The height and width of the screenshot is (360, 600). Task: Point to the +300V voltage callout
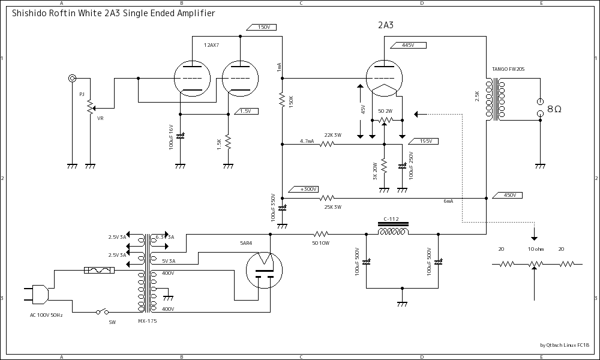[x=308, y=189]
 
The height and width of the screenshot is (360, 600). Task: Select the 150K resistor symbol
[x=282, y=101]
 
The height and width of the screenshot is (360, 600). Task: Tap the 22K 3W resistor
[x=327, y=144]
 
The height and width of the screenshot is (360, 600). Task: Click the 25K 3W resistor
[x=327, y=198]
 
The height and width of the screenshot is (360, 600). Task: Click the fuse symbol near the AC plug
[x=98, y=271]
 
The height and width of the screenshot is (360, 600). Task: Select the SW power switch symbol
[x=103, y=311]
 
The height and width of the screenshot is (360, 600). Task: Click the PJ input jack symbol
[x=73, y=78]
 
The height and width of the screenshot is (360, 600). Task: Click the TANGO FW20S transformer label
[x=508, y=70]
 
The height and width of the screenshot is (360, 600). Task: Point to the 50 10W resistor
[x=321, y=234]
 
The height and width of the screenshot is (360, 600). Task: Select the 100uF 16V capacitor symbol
[x=180, y=136]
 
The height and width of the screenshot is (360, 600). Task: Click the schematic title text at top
[x=113, y=13]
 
